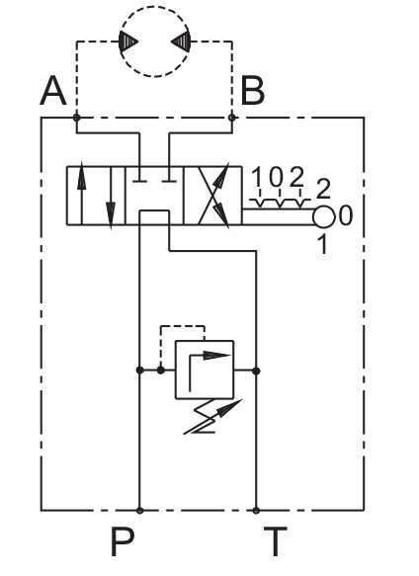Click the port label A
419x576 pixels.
coord(53,91)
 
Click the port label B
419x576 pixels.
coord(253,91)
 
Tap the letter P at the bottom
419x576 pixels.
coord(123,541)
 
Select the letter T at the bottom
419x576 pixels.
coord(276,541)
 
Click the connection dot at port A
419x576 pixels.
coord(76,118)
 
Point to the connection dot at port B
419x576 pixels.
coord(232,118)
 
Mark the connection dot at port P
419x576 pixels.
coord(139,510)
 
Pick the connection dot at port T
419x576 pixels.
coord(256,510)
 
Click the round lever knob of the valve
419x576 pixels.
coord(323,216)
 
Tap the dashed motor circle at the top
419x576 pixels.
coord(155,6)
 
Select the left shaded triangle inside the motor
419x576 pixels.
coord(127,41)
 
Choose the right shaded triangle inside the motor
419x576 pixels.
coord(181,41)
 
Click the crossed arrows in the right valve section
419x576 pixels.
coord(213,196)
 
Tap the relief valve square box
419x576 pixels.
coord(205,370)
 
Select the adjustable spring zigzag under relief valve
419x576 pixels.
coord(211,417)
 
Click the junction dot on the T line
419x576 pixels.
coord(256,370)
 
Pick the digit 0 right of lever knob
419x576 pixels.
coord(345,215)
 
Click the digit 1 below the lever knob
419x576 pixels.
coord(322,244)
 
